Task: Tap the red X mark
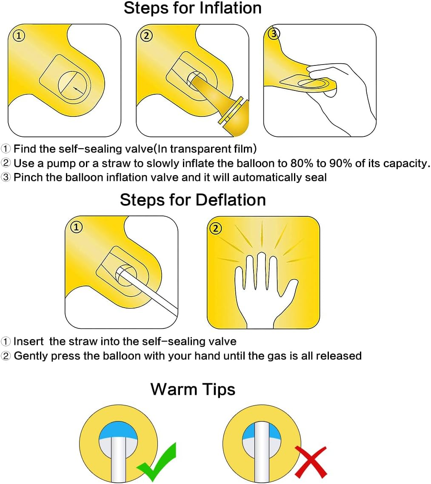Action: [311, 462]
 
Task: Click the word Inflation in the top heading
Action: [231, 8]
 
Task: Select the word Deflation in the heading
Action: [231, 200]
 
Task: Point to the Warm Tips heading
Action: [193, 389]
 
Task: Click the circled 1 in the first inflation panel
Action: [19, 36]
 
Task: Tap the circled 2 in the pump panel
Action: [146, 36]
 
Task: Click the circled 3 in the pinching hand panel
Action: [274, 33]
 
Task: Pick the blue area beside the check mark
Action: [119, 430]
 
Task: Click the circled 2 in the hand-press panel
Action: [216, 229]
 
